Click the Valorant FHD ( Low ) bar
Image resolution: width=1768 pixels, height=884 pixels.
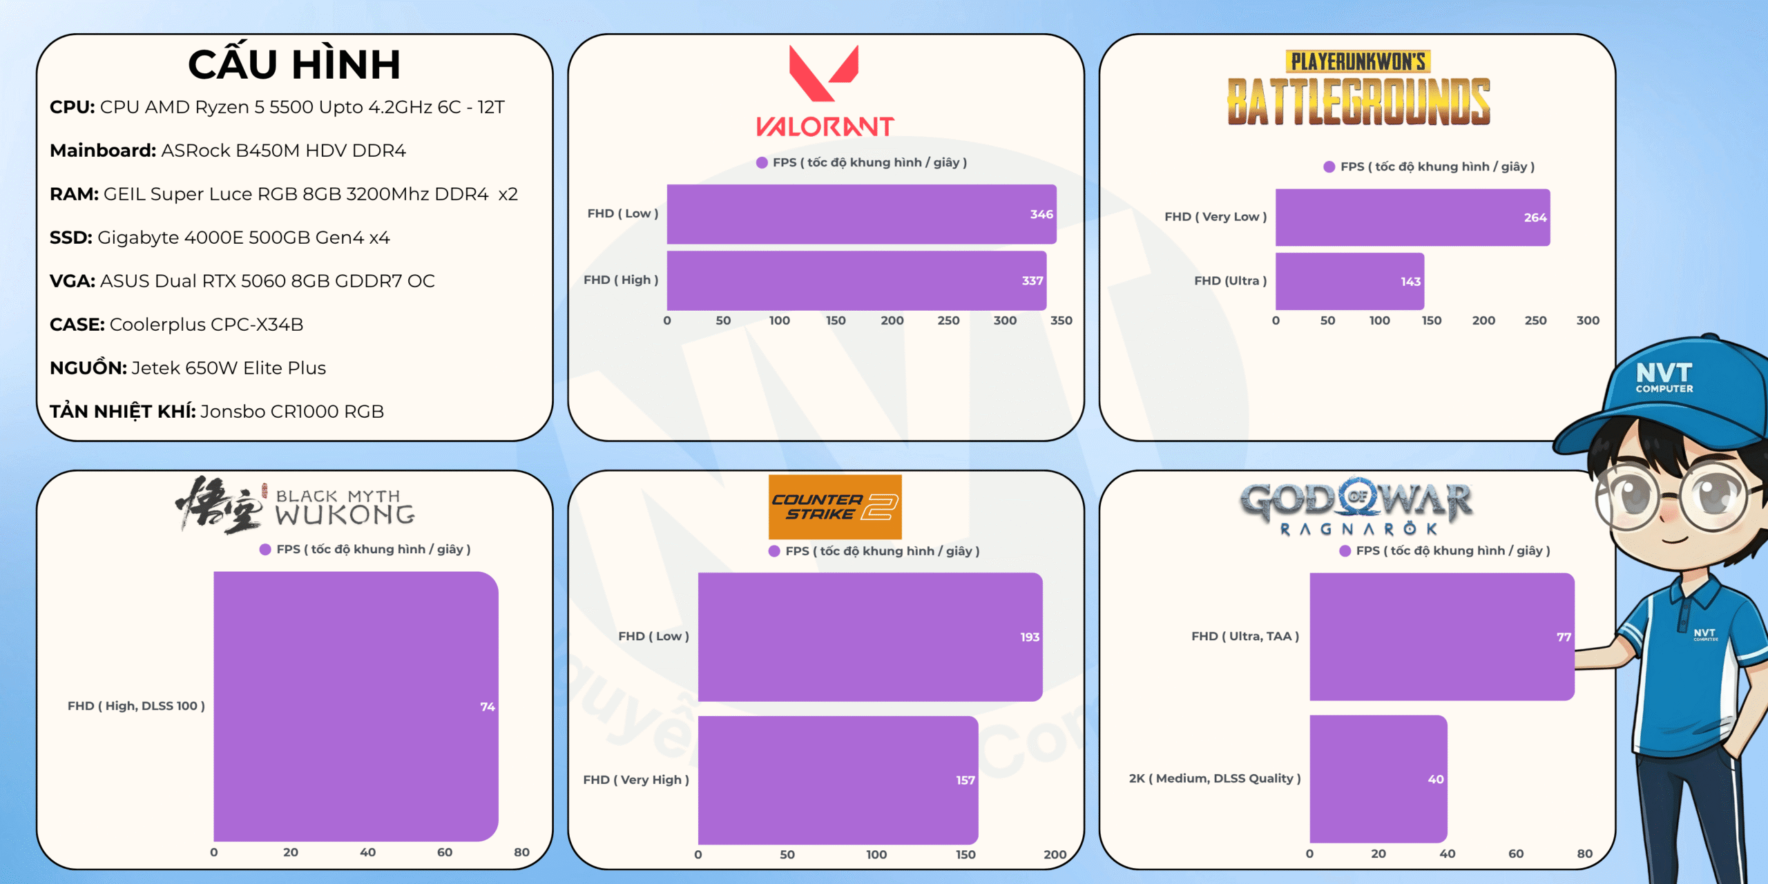tap(861, 214)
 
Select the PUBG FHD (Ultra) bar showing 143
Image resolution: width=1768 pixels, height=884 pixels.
tap(1349, 281)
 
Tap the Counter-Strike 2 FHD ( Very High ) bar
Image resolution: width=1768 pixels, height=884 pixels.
tap(837, 780)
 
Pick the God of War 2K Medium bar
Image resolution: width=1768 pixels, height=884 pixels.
tap(1378, 778)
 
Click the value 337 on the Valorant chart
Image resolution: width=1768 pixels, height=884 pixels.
tap(1032, 280)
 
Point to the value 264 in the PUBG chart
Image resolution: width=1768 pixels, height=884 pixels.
tap(1535, 218)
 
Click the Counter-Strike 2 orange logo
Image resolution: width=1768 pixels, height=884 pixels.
tap(835, 506)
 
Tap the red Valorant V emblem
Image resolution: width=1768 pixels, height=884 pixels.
tap(823, 73)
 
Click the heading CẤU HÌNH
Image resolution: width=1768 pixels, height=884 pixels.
tap(294, 65)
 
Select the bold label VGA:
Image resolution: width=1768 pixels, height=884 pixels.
tap(73, 281)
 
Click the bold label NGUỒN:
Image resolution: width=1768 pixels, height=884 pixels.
tap(88, 367)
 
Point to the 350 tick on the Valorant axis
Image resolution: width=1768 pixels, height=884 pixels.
tap(1061, 320)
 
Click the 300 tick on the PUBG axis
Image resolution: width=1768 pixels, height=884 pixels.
tap(1588, 320)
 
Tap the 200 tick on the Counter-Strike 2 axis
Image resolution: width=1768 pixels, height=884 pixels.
tap(1055, 854)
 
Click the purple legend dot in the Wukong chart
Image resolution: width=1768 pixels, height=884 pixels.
tap(265, 549)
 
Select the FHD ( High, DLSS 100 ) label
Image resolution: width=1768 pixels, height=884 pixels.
tap(136, 706)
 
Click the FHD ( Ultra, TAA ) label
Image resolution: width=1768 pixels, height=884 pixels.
tap(1245, 636)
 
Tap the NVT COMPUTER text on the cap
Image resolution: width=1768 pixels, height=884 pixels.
tap(1664, 377)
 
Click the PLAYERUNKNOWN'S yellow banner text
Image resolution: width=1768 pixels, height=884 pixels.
tap(1358, 61)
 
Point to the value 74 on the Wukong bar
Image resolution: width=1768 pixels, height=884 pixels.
tap(488, 707)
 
